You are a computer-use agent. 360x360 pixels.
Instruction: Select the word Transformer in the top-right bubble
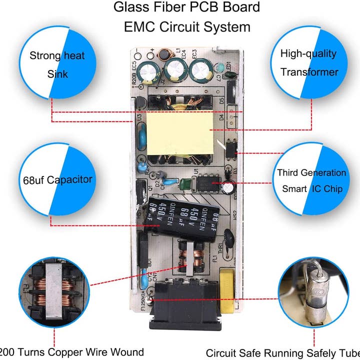point(309,72)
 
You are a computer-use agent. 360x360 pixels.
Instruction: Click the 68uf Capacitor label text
point(57,179)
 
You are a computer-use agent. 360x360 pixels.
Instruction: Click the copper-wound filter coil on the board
point(188,258)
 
